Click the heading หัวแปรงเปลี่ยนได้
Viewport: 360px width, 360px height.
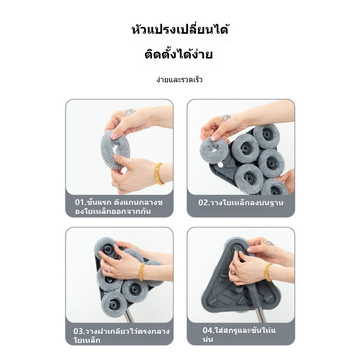[180, 30]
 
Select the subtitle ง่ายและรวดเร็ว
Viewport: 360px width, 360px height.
[180, 80]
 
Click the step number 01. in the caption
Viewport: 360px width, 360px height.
[81, 202]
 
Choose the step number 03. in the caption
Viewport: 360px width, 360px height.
[79, 332]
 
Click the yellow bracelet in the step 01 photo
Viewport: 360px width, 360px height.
[160, 173]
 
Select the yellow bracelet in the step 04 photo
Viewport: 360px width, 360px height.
[269, 272]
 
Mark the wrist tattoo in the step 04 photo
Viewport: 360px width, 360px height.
[269, 243]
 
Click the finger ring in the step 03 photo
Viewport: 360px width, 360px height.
[110, 268]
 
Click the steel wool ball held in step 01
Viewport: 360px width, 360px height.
[115, 149]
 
